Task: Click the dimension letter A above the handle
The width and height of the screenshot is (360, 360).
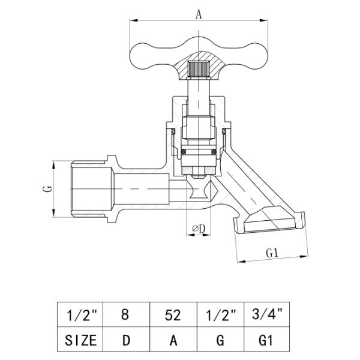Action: coord(199,14)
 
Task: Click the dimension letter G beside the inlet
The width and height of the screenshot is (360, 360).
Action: coord(48,189)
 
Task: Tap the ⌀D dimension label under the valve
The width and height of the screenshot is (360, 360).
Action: coord(199,229)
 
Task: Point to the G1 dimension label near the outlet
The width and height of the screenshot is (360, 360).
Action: coord(272,253)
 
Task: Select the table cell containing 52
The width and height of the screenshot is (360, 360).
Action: coord(173,314)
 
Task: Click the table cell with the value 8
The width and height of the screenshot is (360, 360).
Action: coord(126,314)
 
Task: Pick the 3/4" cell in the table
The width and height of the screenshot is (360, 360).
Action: coord(266,314)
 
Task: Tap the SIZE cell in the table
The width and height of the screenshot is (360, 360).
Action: coord(80,339)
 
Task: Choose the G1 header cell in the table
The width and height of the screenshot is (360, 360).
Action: coord(266,339)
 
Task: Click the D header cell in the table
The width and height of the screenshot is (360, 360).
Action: coord(126,339)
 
